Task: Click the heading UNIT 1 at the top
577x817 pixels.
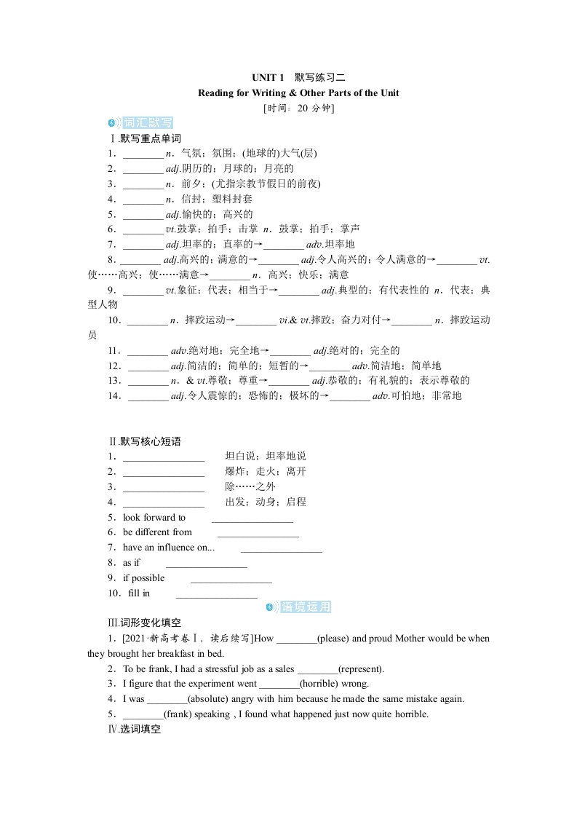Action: click(268, 77)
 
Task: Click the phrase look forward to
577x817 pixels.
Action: click(154, 517)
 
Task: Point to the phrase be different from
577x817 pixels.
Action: click(157, 532)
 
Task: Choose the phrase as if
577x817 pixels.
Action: click(131, 563)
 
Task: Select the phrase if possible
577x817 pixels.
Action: click(143, 578)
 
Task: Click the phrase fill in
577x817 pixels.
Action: click(138, 593)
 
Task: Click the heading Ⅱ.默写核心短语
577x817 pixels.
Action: click(144, 441)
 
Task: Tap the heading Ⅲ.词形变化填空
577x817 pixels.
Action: click(144, 623)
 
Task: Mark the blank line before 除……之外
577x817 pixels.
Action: click(164, 487)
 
